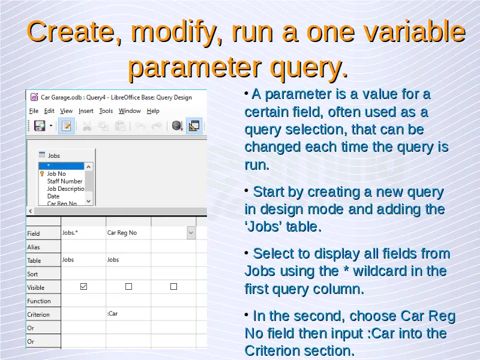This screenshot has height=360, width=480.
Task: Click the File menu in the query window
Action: (x=34, y=111)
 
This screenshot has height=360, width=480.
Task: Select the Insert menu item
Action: (x=86, y=111)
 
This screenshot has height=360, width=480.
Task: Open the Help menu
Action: (x=153, y=111)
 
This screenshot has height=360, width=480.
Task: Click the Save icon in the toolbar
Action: (x=40, y=126)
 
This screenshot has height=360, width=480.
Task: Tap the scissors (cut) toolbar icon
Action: (x=87, y=126)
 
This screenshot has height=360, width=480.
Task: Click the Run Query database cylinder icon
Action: (x=177, y=125)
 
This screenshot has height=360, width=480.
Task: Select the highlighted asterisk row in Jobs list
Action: (x=61, y=166)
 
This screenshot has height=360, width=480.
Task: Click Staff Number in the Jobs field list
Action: (x=65, y=181)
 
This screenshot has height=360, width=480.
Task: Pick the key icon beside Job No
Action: (x=42, y=173)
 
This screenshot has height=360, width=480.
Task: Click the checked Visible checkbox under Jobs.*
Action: (x=83, y=287)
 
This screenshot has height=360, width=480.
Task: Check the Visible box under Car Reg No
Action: (x=128, y=287)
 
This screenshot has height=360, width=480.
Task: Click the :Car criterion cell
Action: (x=128, y=314)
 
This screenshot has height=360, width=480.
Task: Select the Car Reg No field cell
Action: (x=128, y=233)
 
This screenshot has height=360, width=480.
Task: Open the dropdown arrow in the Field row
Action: (x=191, y=233)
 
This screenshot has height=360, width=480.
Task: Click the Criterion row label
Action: (x=38, y=314)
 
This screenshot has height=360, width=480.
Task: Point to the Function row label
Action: (x=39, y=301)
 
